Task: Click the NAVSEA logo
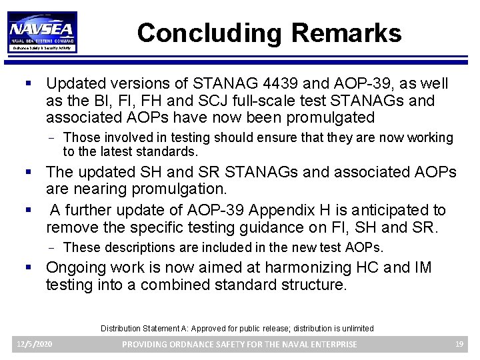point(43,31)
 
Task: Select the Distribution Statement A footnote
point(237,328)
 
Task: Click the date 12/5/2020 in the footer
point(35,344)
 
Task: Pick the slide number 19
point(459,344)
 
